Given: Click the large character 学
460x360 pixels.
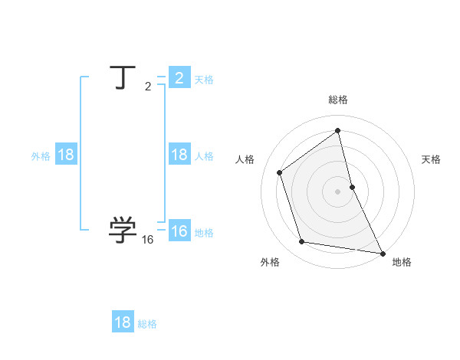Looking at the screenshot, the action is [123, 229].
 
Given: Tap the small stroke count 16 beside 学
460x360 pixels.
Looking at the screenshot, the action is [148, 240].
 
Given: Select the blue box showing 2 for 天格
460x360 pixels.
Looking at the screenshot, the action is [179, 78].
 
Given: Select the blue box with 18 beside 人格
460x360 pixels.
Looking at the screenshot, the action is [179, 155].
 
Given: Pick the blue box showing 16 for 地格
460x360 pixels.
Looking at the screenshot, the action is [179, 231].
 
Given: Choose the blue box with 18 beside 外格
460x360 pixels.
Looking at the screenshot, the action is [66, 155].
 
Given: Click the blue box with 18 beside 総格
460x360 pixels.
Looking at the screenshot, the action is [123, 322].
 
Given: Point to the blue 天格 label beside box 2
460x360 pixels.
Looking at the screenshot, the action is [204, 80].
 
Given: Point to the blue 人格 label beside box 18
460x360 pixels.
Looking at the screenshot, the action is [204, 156].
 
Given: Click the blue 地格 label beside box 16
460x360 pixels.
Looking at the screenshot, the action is [204, 233].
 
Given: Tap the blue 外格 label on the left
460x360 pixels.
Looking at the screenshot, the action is [41, 156].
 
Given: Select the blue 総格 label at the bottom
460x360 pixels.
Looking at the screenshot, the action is [147, 324].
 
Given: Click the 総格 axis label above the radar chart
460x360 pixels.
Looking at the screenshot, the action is [338, 100].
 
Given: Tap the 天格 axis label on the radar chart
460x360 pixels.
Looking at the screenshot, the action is [431, 159].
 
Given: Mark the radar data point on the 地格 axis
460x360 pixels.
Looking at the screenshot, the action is [382, 252].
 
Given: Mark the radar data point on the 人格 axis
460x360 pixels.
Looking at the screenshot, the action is [280, 172].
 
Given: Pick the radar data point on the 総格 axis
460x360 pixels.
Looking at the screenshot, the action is [338, 131].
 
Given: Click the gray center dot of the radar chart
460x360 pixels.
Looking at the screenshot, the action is [338, 191].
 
